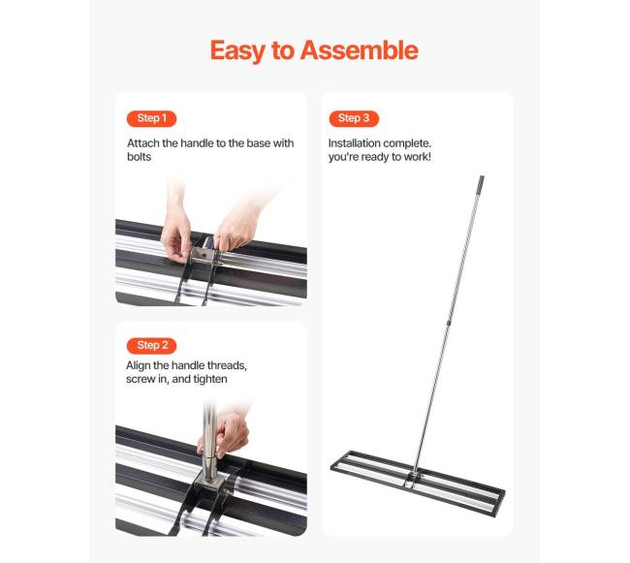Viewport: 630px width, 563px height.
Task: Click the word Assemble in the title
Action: (360, 50)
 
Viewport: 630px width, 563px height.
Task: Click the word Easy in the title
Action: (237, 51)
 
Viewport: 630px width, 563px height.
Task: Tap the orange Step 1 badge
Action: (151, 118)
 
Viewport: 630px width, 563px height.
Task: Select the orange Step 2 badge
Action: (151, 345)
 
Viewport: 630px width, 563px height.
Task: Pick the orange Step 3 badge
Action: (354, 118)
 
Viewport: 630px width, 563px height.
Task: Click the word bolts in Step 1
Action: (139, 157)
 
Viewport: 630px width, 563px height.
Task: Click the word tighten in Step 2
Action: (210, 379)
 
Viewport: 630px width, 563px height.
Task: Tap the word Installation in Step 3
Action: (355, 143)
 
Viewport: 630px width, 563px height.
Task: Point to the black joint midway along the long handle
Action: (449, 322)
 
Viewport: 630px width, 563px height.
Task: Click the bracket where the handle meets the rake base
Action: (412, 478)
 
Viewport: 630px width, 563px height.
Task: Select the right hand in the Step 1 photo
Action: (237, 227)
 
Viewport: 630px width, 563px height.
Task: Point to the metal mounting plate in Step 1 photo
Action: (203, 256)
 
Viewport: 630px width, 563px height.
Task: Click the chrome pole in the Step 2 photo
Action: (209, 442)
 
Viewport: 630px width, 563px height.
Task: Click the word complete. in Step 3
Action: (407, 143)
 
